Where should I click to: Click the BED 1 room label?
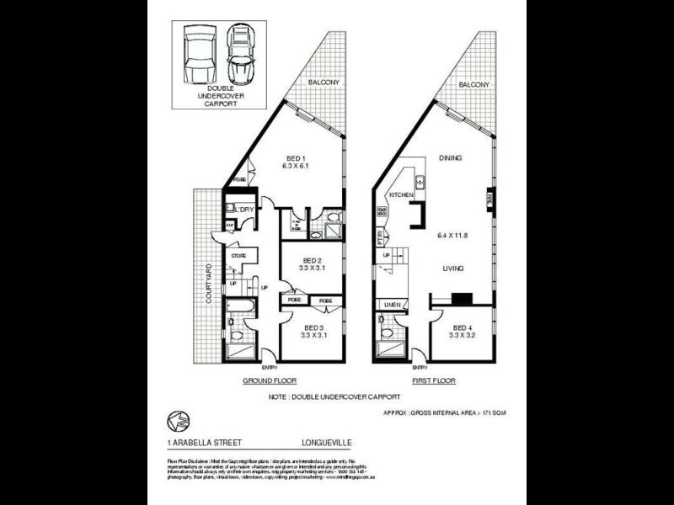[x=295, y=158]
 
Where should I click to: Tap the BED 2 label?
[x=313, y=260]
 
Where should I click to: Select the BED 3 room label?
[x=313, y=327]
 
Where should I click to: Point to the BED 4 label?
[x=463, y=327]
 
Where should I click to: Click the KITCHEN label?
[x=400, y=195]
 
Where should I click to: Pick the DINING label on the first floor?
[x=452, y=157]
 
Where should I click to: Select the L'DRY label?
[x=244, y=209]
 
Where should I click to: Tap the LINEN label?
[x=392, y=304]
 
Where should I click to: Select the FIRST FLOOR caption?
[x=433, y=380]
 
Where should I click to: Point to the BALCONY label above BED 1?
[x=324, y=82]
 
